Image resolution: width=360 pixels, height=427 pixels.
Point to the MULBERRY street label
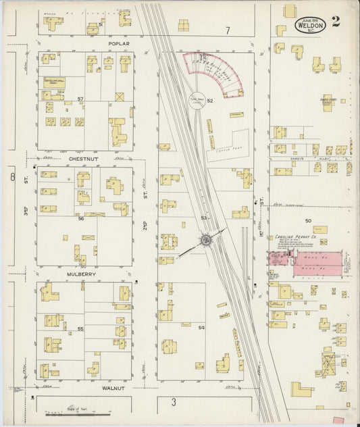pyautogui.click(x=83, y=274)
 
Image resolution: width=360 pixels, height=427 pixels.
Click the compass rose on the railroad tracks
pyautogui.click(x=206, y=240)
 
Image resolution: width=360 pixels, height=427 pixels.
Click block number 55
pyautogui.click(x=80, y=329)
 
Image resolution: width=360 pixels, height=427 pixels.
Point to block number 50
pyautogui.click(x=308, y=221)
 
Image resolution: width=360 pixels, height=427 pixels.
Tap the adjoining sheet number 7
pyautogui.click(x=228, y=30)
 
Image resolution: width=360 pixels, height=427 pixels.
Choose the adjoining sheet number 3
pyautogui.click(x=174, y=403)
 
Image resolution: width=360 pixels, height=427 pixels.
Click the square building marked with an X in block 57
pyautogui.click(x=120, y=97)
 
